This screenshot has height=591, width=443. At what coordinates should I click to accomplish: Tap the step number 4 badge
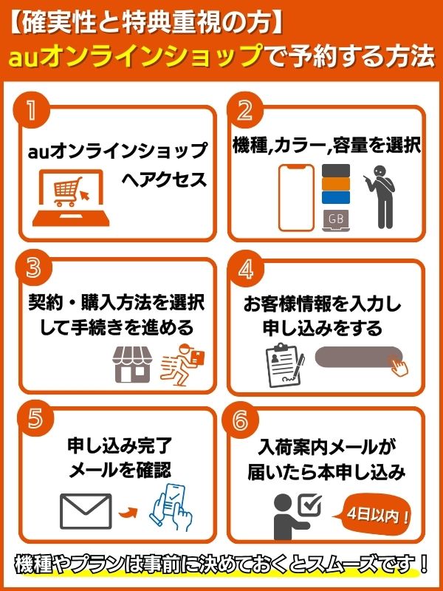pos(245,270)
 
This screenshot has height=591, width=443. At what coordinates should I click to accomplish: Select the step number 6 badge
pos(241,421)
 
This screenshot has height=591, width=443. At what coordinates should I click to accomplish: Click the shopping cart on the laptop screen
pos(68,191)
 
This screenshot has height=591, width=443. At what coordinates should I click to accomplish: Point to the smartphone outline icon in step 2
pos(297,198)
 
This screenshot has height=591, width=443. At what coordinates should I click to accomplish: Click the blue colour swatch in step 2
pos(336,197)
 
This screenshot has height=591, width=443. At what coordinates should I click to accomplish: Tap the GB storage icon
pos(336,220)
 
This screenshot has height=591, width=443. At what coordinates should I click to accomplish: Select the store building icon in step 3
pos(132,364)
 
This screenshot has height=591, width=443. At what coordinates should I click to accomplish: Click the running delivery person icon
pos(182,364)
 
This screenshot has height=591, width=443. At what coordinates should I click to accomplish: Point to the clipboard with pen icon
pos(285,365)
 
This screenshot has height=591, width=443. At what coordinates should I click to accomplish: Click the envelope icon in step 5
pos(86,510)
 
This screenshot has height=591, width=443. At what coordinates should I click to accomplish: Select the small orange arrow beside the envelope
pos(128,512)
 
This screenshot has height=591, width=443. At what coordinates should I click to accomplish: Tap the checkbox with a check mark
pos(309,505)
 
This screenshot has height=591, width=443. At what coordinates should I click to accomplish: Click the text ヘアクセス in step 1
pos(165,180)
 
